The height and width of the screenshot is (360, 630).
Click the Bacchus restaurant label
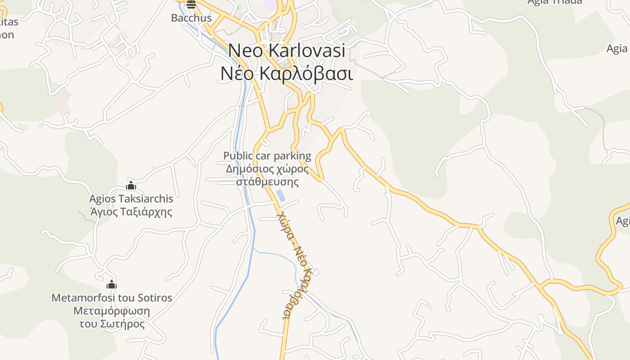point(191,18)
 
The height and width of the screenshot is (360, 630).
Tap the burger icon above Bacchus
point(191,5)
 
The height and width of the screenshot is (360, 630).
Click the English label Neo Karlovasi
point(287,50)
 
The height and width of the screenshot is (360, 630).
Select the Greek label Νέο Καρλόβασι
point(287,73)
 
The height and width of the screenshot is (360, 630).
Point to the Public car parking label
point(267,156)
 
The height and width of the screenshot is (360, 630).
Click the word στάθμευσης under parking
point(268,182)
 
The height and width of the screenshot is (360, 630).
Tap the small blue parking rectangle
point(281,195)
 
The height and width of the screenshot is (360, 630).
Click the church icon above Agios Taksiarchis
point(131,185)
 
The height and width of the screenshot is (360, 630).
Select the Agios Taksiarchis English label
point(131,198)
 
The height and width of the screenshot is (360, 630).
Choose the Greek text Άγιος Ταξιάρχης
point(131,211)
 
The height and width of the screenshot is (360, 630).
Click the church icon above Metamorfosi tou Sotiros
point(112,284)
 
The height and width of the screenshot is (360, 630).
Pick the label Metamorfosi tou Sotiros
point(112,297)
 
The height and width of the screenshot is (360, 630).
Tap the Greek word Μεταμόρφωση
point(112,311)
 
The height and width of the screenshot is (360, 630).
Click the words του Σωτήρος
point(112,324)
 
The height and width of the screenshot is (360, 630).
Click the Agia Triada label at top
point(554,2)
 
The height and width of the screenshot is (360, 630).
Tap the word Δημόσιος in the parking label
point(248,169)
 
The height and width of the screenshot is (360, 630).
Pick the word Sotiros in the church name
point(156,297)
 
